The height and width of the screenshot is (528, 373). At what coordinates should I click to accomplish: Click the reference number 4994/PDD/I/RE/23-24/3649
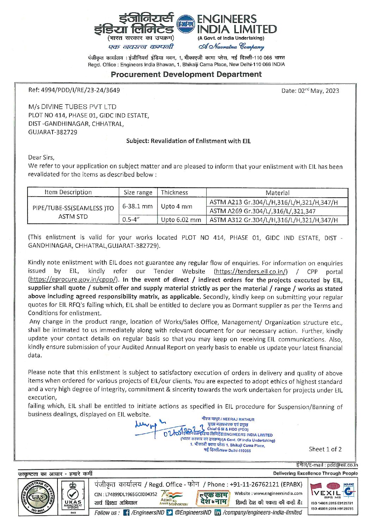[x=74, y=90]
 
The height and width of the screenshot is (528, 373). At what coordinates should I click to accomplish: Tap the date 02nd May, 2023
[x=310, y=91]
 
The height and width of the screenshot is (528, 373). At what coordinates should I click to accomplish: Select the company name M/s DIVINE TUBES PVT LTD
[x=72, y=107]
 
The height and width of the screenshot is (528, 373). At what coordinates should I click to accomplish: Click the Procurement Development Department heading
[x=186, y=74]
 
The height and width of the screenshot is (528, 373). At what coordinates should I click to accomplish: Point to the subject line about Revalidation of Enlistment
[x=188, y=141]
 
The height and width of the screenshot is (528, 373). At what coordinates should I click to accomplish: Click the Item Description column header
[x=68, y=192]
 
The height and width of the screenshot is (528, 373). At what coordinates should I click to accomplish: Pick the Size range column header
[x=138, y=193]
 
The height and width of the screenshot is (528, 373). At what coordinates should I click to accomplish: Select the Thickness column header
[x=175, y=193]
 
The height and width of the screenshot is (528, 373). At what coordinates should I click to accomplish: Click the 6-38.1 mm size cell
[x=137, y=206]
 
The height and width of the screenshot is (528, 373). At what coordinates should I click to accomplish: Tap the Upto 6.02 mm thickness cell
[x=181, y=220]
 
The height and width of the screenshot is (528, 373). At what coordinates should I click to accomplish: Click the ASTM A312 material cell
[x=274, y=220]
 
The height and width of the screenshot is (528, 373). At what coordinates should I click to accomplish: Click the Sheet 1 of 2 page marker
[x=325, y=449]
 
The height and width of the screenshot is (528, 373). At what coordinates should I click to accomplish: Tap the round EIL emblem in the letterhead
[x=185, y=24]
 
